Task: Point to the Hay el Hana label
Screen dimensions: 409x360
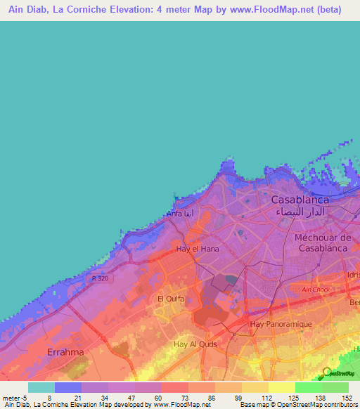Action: click(198, 249)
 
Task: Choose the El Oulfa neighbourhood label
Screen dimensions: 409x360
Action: click(170, 299)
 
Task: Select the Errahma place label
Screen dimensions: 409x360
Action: click(65, 351)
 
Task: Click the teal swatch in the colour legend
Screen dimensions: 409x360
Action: click(41, 387)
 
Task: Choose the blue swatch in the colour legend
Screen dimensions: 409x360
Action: click(68, 387)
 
